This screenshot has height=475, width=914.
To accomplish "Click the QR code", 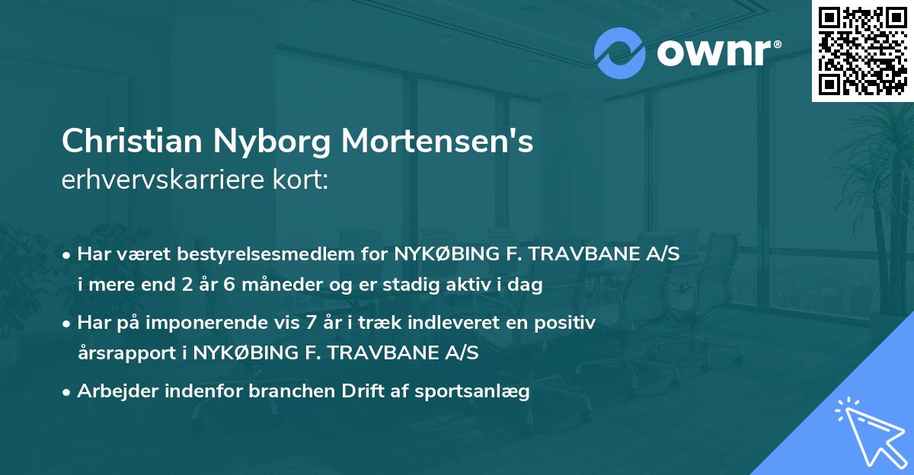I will (x=863, y=50).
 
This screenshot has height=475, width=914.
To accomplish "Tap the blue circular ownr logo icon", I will (x=619, y=53).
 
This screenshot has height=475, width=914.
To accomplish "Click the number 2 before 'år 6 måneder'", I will (x=188, y=286).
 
